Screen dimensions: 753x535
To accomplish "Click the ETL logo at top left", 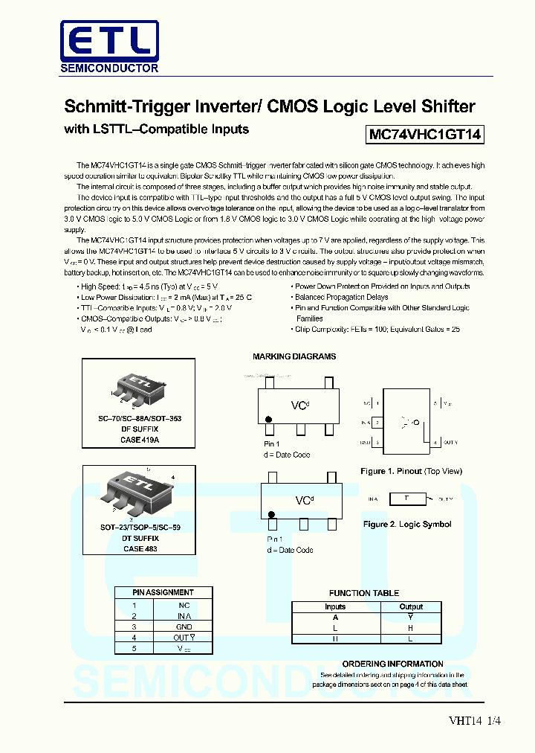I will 109,39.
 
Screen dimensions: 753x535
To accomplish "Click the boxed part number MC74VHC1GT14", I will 425,135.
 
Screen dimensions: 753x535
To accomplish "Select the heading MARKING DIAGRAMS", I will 294,356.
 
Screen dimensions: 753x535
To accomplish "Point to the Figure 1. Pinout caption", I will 411,471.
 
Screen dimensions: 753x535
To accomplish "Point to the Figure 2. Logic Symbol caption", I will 407,524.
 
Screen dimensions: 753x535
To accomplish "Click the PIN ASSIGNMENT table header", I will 153,592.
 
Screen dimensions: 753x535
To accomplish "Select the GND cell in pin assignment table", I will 184,627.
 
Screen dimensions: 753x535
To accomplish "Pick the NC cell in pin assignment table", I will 184,605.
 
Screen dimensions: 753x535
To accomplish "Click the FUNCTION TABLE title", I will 364,593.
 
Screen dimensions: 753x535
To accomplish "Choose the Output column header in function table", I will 411,606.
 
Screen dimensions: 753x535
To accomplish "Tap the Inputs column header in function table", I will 335,606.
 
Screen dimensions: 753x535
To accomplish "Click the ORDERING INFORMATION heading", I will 392,664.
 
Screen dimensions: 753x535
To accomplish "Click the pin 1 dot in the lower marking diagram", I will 271,514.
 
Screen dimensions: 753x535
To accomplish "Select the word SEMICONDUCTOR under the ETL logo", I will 109,68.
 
